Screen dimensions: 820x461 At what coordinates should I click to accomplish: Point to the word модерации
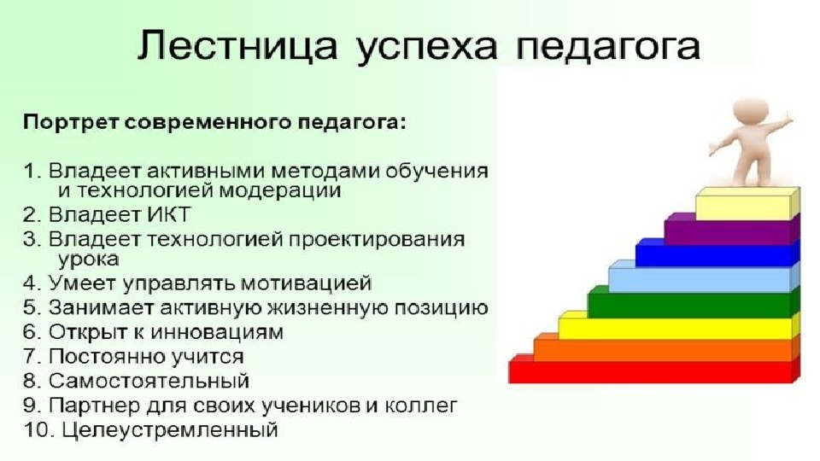click(x=280, y=190)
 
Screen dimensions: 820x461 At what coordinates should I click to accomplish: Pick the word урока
click(x=88, y=260)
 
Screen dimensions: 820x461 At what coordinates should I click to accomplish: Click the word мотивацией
click(x=300, y=283)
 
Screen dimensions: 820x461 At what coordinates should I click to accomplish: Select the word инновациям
click(x=215, y=332)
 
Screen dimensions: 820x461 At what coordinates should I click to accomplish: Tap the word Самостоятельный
click(x=149, y=381)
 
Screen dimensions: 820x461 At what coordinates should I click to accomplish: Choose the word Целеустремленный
click(x=170, y=430)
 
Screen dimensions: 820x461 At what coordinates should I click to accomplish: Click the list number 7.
click(x=31, y=357)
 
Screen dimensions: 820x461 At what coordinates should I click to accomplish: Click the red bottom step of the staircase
click(x=653, y=371)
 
